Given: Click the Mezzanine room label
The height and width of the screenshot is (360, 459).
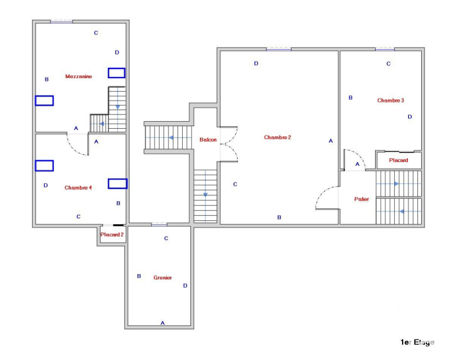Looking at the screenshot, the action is pos(78,76).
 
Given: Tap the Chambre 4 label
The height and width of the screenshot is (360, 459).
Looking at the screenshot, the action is pos(78,188).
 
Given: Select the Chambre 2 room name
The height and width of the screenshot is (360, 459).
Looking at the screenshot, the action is pos(278,138).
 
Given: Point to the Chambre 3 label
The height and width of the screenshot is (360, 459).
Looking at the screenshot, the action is pos(390,101).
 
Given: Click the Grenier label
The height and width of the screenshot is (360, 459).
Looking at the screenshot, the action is pos(163,277).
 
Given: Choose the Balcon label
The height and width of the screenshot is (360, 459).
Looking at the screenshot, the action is pos(208,140).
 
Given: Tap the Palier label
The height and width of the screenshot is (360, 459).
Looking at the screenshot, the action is pos(362,199).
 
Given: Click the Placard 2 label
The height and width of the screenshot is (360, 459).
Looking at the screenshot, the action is pos(112,234).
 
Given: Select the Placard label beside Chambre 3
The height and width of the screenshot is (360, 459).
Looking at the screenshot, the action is pos(398,160).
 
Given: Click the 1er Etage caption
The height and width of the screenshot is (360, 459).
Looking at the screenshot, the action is pos(417,342).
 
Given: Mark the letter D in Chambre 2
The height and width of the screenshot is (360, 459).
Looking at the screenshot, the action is pos(256,63).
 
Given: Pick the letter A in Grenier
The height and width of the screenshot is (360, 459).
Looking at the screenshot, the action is pos(163,323).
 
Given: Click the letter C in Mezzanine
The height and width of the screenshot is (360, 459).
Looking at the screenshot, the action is pos(96,33).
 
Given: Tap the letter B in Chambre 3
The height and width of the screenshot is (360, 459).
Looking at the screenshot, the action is pos(351,97).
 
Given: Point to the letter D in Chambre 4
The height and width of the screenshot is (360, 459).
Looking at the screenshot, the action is pos(46,185).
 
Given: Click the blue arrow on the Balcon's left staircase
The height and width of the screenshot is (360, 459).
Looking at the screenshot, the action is pos(171,138).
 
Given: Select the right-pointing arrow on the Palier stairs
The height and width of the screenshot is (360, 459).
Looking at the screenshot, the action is pos(396,184).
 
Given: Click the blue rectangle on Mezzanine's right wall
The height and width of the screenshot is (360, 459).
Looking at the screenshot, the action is pos(117,73).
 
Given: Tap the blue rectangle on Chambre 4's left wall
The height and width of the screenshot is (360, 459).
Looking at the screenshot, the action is pos(44,166).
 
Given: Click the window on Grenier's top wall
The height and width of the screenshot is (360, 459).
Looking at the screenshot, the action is pos(159,225).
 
